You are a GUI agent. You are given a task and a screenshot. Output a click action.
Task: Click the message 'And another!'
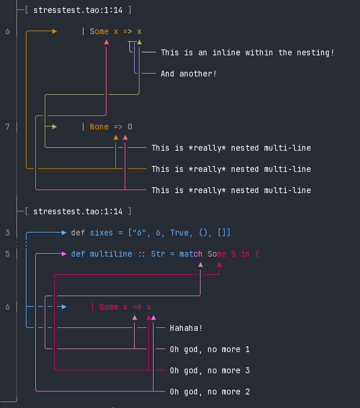tap(188, 74)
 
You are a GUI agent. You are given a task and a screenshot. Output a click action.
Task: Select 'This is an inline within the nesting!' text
tap(247, 52)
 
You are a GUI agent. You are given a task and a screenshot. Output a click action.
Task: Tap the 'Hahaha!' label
tap(186, 328)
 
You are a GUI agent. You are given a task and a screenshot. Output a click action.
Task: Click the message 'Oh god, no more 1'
tap(209, 349)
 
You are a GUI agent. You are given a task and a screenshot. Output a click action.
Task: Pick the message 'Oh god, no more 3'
tap(209, 370)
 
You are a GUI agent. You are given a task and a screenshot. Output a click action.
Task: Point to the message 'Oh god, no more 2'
tap(209, 392)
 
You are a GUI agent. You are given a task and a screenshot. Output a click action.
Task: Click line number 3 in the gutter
tap(8, 233)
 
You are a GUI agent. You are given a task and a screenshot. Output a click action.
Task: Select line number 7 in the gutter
tap(8, 127)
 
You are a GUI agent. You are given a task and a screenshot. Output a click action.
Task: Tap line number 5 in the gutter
tap(8, 254)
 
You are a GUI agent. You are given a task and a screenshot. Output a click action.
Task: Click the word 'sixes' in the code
tap(101, 233)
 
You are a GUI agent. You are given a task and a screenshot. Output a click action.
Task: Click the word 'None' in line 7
tap(99, 127)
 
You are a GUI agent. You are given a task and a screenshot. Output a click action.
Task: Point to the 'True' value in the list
tap(179, 233)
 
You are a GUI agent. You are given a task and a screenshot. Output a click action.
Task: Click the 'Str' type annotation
tap(158, 254)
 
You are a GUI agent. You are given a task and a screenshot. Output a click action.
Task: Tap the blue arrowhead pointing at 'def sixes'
tap(64, 233)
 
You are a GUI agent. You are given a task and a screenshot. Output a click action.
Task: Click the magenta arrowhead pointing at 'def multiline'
tap(64, 254)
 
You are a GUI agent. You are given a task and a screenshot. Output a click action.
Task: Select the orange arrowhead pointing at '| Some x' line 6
tap(54, 31)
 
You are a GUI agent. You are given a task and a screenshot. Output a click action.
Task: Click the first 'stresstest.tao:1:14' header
tap(78, 10)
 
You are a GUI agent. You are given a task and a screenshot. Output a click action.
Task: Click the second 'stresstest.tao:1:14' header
tap(78, 211)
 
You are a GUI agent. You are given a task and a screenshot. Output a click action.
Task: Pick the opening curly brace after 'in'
tap(257, 254)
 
